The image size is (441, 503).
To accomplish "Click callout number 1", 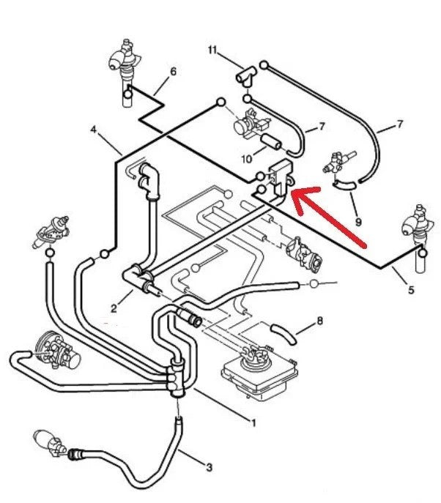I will (253, 422).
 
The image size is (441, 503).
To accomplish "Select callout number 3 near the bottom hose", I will (209, 466).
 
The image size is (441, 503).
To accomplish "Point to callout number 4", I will (94, 130).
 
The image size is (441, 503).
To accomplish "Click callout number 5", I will (410, 290).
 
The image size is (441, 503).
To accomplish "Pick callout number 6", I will (173, 72).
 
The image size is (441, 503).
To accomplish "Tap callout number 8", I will (319, 321).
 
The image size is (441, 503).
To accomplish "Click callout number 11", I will (212, 51).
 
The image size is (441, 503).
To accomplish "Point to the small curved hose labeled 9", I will (344, 187).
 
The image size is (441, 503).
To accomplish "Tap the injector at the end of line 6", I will (122, 66).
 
